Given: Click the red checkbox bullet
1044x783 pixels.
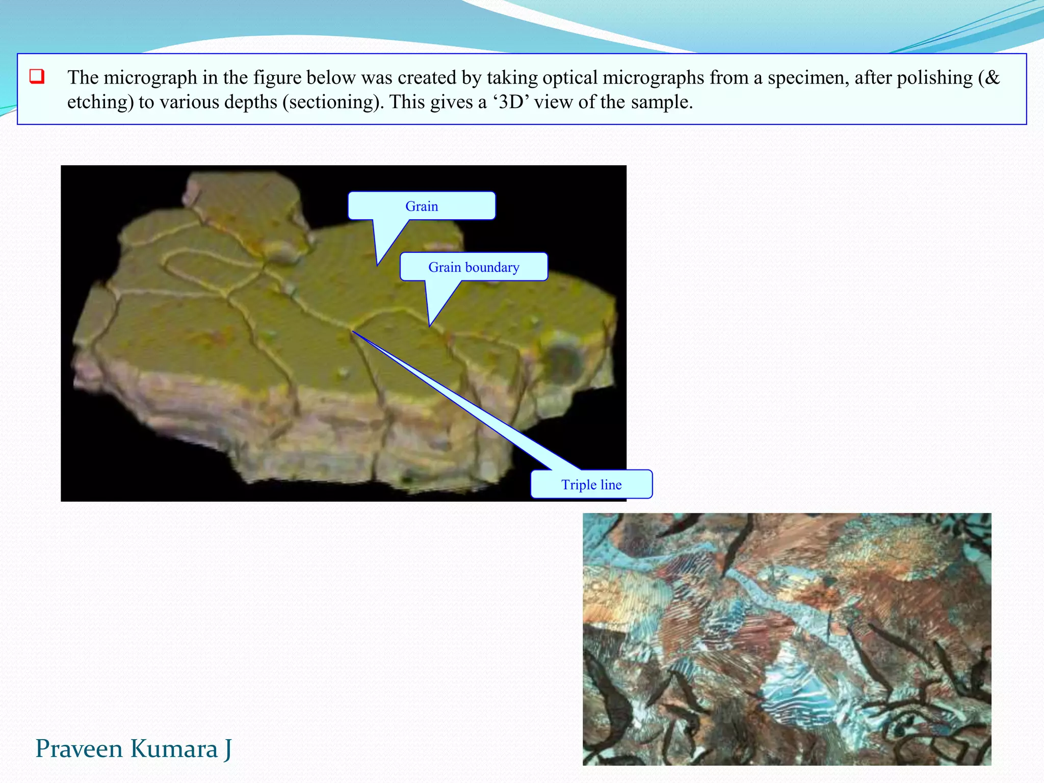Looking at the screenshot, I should coord(37,77).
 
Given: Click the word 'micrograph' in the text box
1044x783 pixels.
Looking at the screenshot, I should coord(150,78).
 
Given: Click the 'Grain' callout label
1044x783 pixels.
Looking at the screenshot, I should coord(422,206).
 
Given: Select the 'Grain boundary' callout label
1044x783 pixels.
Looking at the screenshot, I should coord(474,267).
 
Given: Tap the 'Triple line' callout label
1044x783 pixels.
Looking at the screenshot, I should coord(591,484).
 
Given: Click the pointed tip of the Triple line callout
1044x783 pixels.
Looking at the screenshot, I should coord(353,332).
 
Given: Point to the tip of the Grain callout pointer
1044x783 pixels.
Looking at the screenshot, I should coord(378,265).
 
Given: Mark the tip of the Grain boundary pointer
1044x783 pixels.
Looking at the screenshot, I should coord(430,325).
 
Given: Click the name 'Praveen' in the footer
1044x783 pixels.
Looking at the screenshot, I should coord(79,749).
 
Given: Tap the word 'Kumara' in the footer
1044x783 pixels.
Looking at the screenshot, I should coord(173,749).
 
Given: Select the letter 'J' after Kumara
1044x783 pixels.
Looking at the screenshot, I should coord(227,749).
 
